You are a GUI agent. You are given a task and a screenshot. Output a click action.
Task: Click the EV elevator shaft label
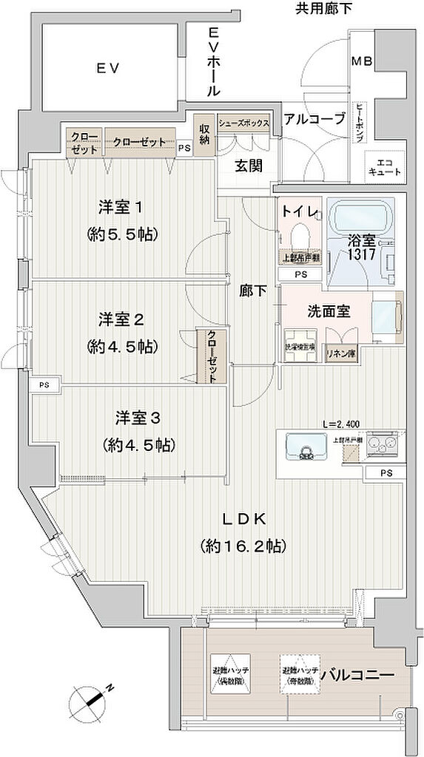(x=107, y=68)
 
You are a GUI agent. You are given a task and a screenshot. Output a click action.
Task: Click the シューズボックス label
(x=243, y=122)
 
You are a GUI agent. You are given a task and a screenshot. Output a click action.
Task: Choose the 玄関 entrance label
(x=249, y=166)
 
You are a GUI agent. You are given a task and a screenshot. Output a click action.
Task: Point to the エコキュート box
(x=385, y=166)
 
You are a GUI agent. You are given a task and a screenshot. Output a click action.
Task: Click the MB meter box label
(x=362, y=61)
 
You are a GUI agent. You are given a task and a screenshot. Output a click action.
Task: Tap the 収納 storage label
(x=204, y=133)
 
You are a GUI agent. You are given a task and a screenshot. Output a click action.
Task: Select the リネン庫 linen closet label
(x=340, y=353)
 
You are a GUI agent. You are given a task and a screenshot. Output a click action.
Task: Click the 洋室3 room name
(x=138, y=418)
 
